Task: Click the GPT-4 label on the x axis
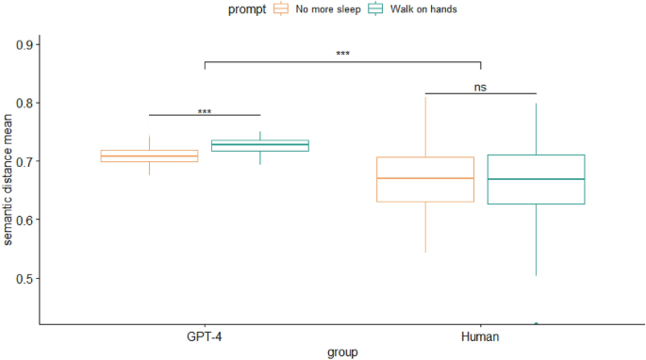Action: tap(204, 335)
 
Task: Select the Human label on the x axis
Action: tap(481, 335)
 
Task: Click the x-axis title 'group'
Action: tap(342, 352)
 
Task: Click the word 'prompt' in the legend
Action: tap(247, 8)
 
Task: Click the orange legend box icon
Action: tap(281, 8)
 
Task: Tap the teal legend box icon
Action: tap(374, 8)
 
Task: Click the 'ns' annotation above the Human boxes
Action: tap(481, 87)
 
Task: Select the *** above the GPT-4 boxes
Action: tap(205, 112)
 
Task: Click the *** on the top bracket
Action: tap(342, 55)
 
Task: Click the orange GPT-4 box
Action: tap(149, 155)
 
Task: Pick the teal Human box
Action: tap(536, 179)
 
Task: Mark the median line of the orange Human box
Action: tap(425, 178)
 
